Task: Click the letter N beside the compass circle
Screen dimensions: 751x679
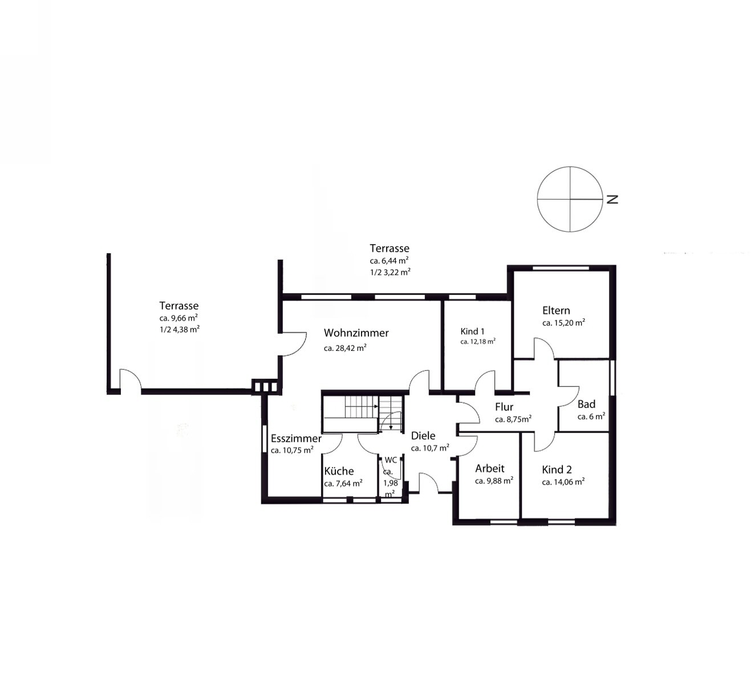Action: click(x=612, y=199)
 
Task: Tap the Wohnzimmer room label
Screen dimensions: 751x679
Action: click(x=356, y=333)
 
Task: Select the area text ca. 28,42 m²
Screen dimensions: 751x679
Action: click(x=345, y=347)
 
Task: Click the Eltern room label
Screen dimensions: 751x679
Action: click(x=556, y=310)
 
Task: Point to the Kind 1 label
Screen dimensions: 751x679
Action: click(x=473, y=332)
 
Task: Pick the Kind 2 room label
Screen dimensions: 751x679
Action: click(x=557, y=470)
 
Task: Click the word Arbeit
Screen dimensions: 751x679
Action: click(x=490, y=468)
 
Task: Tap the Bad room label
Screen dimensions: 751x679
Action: click(x=586, y=404)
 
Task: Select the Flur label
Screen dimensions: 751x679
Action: click(x=504, y=407)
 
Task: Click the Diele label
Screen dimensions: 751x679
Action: click(x=423, y=435)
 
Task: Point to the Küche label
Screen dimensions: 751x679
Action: click(x=339, y=471)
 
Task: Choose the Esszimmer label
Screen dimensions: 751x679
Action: click(x=296, y=438)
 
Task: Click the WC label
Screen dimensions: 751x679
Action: click(x=391, y=460)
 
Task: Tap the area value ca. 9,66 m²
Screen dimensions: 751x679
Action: click(x=178, y=318)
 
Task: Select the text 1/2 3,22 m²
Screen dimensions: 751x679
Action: click(x=390, y=272)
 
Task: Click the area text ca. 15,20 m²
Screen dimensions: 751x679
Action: click(x=563, y=322)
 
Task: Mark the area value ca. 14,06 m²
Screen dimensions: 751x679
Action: click(x=563, y=482)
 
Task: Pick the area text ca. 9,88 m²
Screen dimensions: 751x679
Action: click(x=494, y=481)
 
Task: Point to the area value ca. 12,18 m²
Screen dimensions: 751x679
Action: click(x=478, y=342)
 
